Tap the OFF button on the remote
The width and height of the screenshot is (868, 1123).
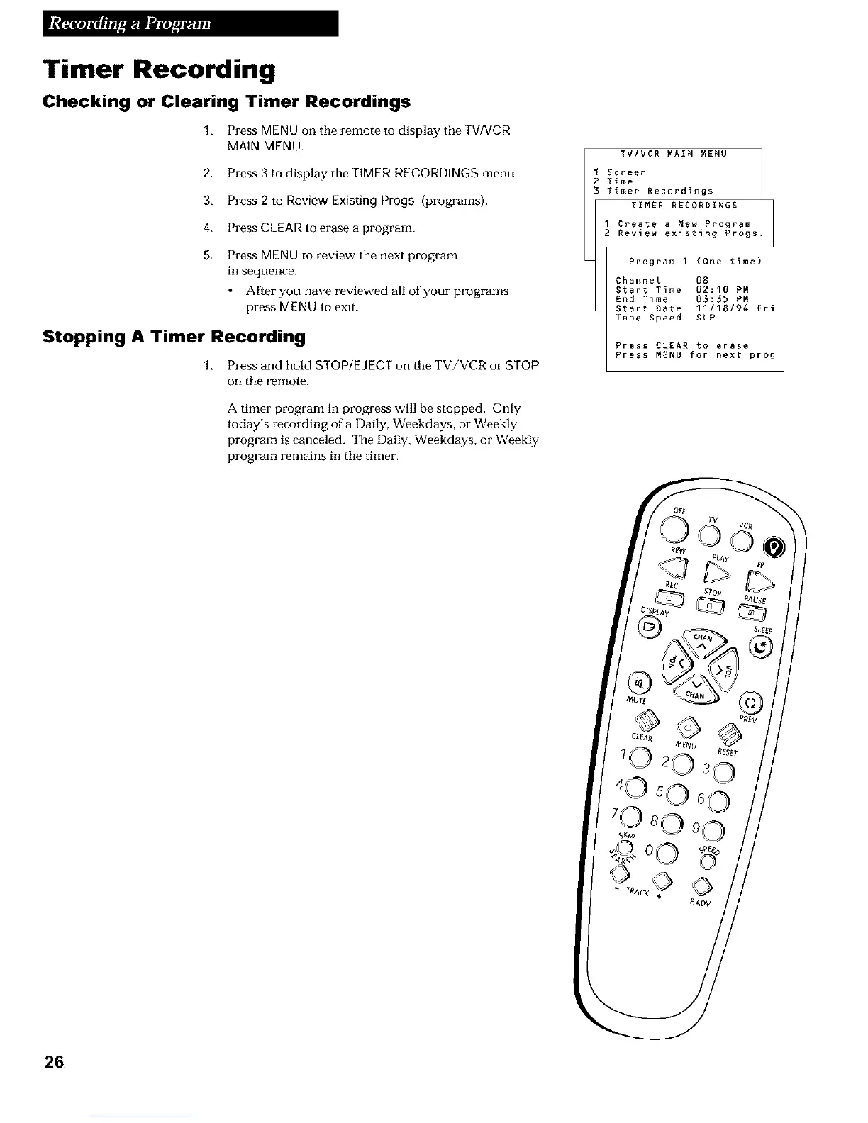coord(672,526)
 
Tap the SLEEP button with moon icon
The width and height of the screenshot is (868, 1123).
coord(761,646)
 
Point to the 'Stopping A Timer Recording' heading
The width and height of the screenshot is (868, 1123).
coord(174,336)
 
